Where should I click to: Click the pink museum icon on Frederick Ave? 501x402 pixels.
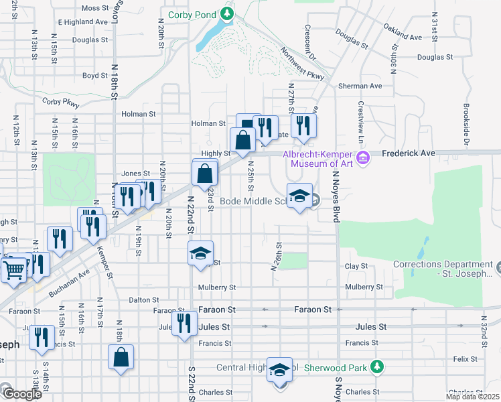point(362,158)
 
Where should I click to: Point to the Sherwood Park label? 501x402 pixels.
point(336,367)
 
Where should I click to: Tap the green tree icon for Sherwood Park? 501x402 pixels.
point(377,366)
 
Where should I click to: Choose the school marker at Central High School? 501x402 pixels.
point(279,370)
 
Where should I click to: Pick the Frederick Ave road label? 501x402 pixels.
point(409,153)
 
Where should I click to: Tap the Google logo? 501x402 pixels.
point(21,394)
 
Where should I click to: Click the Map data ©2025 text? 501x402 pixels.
point(472,397)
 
